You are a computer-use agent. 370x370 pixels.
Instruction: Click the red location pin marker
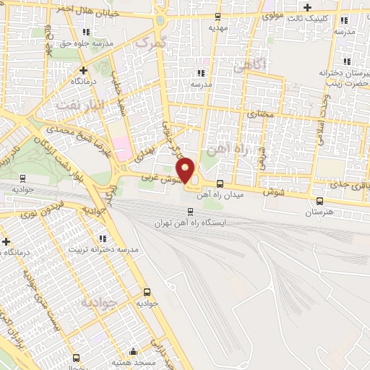click(x=186, y=170)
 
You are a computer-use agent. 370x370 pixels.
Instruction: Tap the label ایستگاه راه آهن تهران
click(x=190, y=223)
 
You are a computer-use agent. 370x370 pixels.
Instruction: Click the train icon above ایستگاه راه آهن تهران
click(x=190, y=212)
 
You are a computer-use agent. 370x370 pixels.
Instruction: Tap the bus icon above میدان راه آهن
click(x=241, y=184)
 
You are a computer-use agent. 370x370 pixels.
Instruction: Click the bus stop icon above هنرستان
click(x=319, y=201)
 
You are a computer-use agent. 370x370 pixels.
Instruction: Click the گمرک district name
click(x=152, y=45)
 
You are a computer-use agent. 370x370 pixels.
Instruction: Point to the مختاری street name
click(x=262, y=113)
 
